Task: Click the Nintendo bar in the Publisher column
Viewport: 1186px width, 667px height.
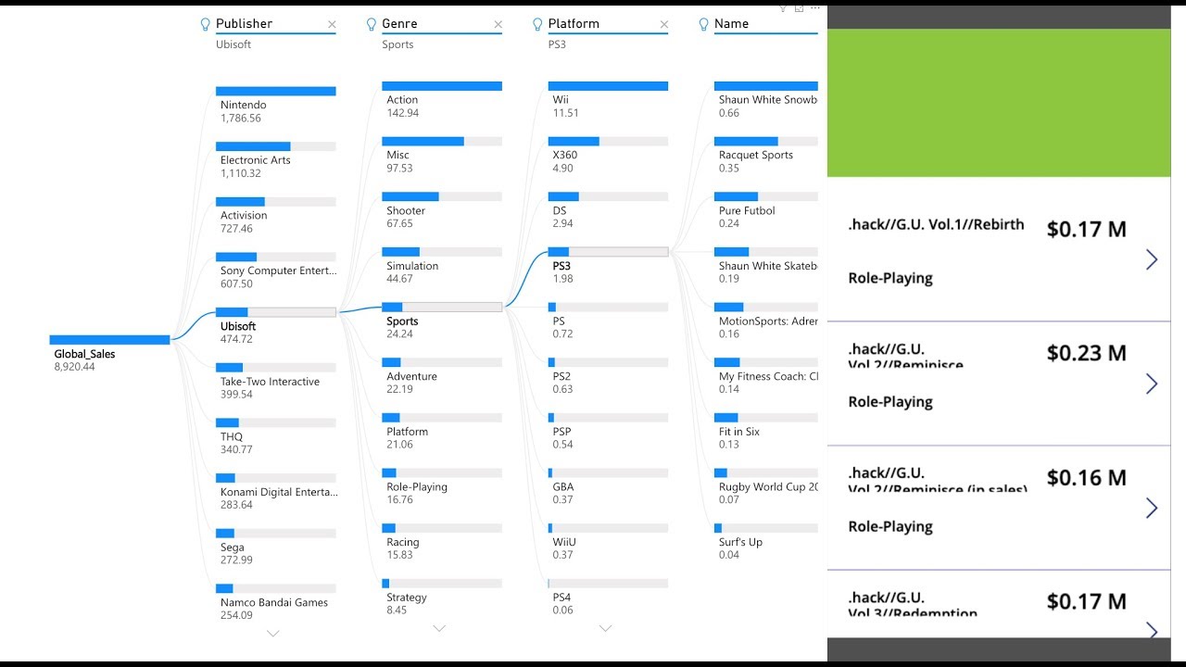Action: point(275,91)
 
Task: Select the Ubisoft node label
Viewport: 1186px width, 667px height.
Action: point(238,326)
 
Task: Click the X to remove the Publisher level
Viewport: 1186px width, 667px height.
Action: point(332,24)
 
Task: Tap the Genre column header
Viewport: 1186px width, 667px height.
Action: point(399,24)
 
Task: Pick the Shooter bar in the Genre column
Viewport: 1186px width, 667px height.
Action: point(410,196)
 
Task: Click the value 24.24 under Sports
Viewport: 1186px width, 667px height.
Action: point(399,334)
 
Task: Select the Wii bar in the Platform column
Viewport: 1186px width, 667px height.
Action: point(607,86)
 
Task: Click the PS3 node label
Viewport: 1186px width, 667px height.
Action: point(561,266)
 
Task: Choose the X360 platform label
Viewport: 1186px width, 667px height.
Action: point(564,155)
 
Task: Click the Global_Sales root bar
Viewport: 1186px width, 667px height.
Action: point(109,340)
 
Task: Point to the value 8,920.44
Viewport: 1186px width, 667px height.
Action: point(74,367)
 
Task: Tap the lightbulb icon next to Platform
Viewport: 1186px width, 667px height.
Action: point(537,25)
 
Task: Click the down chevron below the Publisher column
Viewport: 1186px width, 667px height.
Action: point(272,634)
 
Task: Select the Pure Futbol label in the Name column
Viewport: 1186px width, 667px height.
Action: point(747,210)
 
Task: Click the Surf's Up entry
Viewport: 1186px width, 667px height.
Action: point(740,542)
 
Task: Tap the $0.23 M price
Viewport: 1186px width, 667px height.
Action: point(1086,353)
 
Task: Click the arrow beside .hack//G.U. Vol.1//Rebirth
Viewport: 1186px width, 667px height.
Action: point(1152,259)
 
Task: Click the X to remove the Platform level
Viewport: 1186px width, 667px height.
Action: point(663,24)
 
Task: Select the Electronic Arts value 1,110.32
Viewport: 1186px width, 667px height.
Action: point(241,173)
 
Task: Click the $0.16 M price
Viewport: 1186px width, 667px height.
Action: point(1086,478)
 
